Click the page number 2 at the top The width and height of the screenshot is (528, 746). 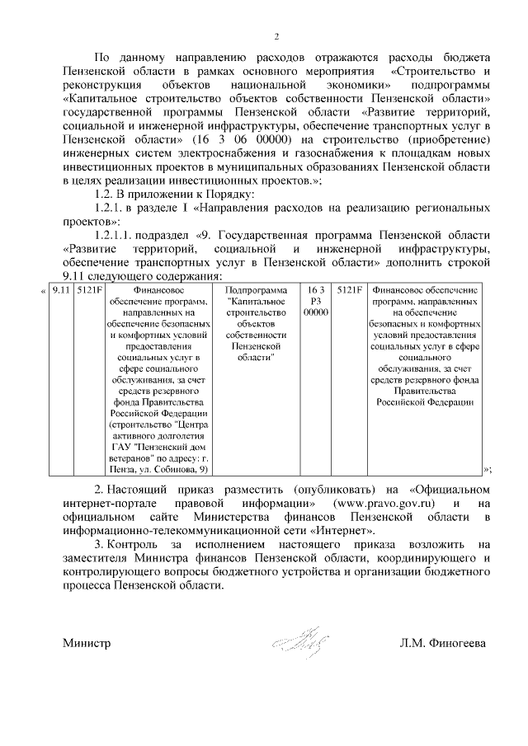(x=277, y=36)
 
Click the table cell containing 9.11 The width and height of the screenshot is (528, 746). (x=59, y=290)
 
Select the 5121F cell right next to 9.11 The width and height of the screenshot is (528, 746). (x=86, y=290)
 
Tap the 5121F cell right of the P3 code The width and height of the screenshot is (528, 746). (x=350, y=290)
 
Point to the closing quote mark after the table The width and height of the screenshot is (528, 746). (x=488, y=469)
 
